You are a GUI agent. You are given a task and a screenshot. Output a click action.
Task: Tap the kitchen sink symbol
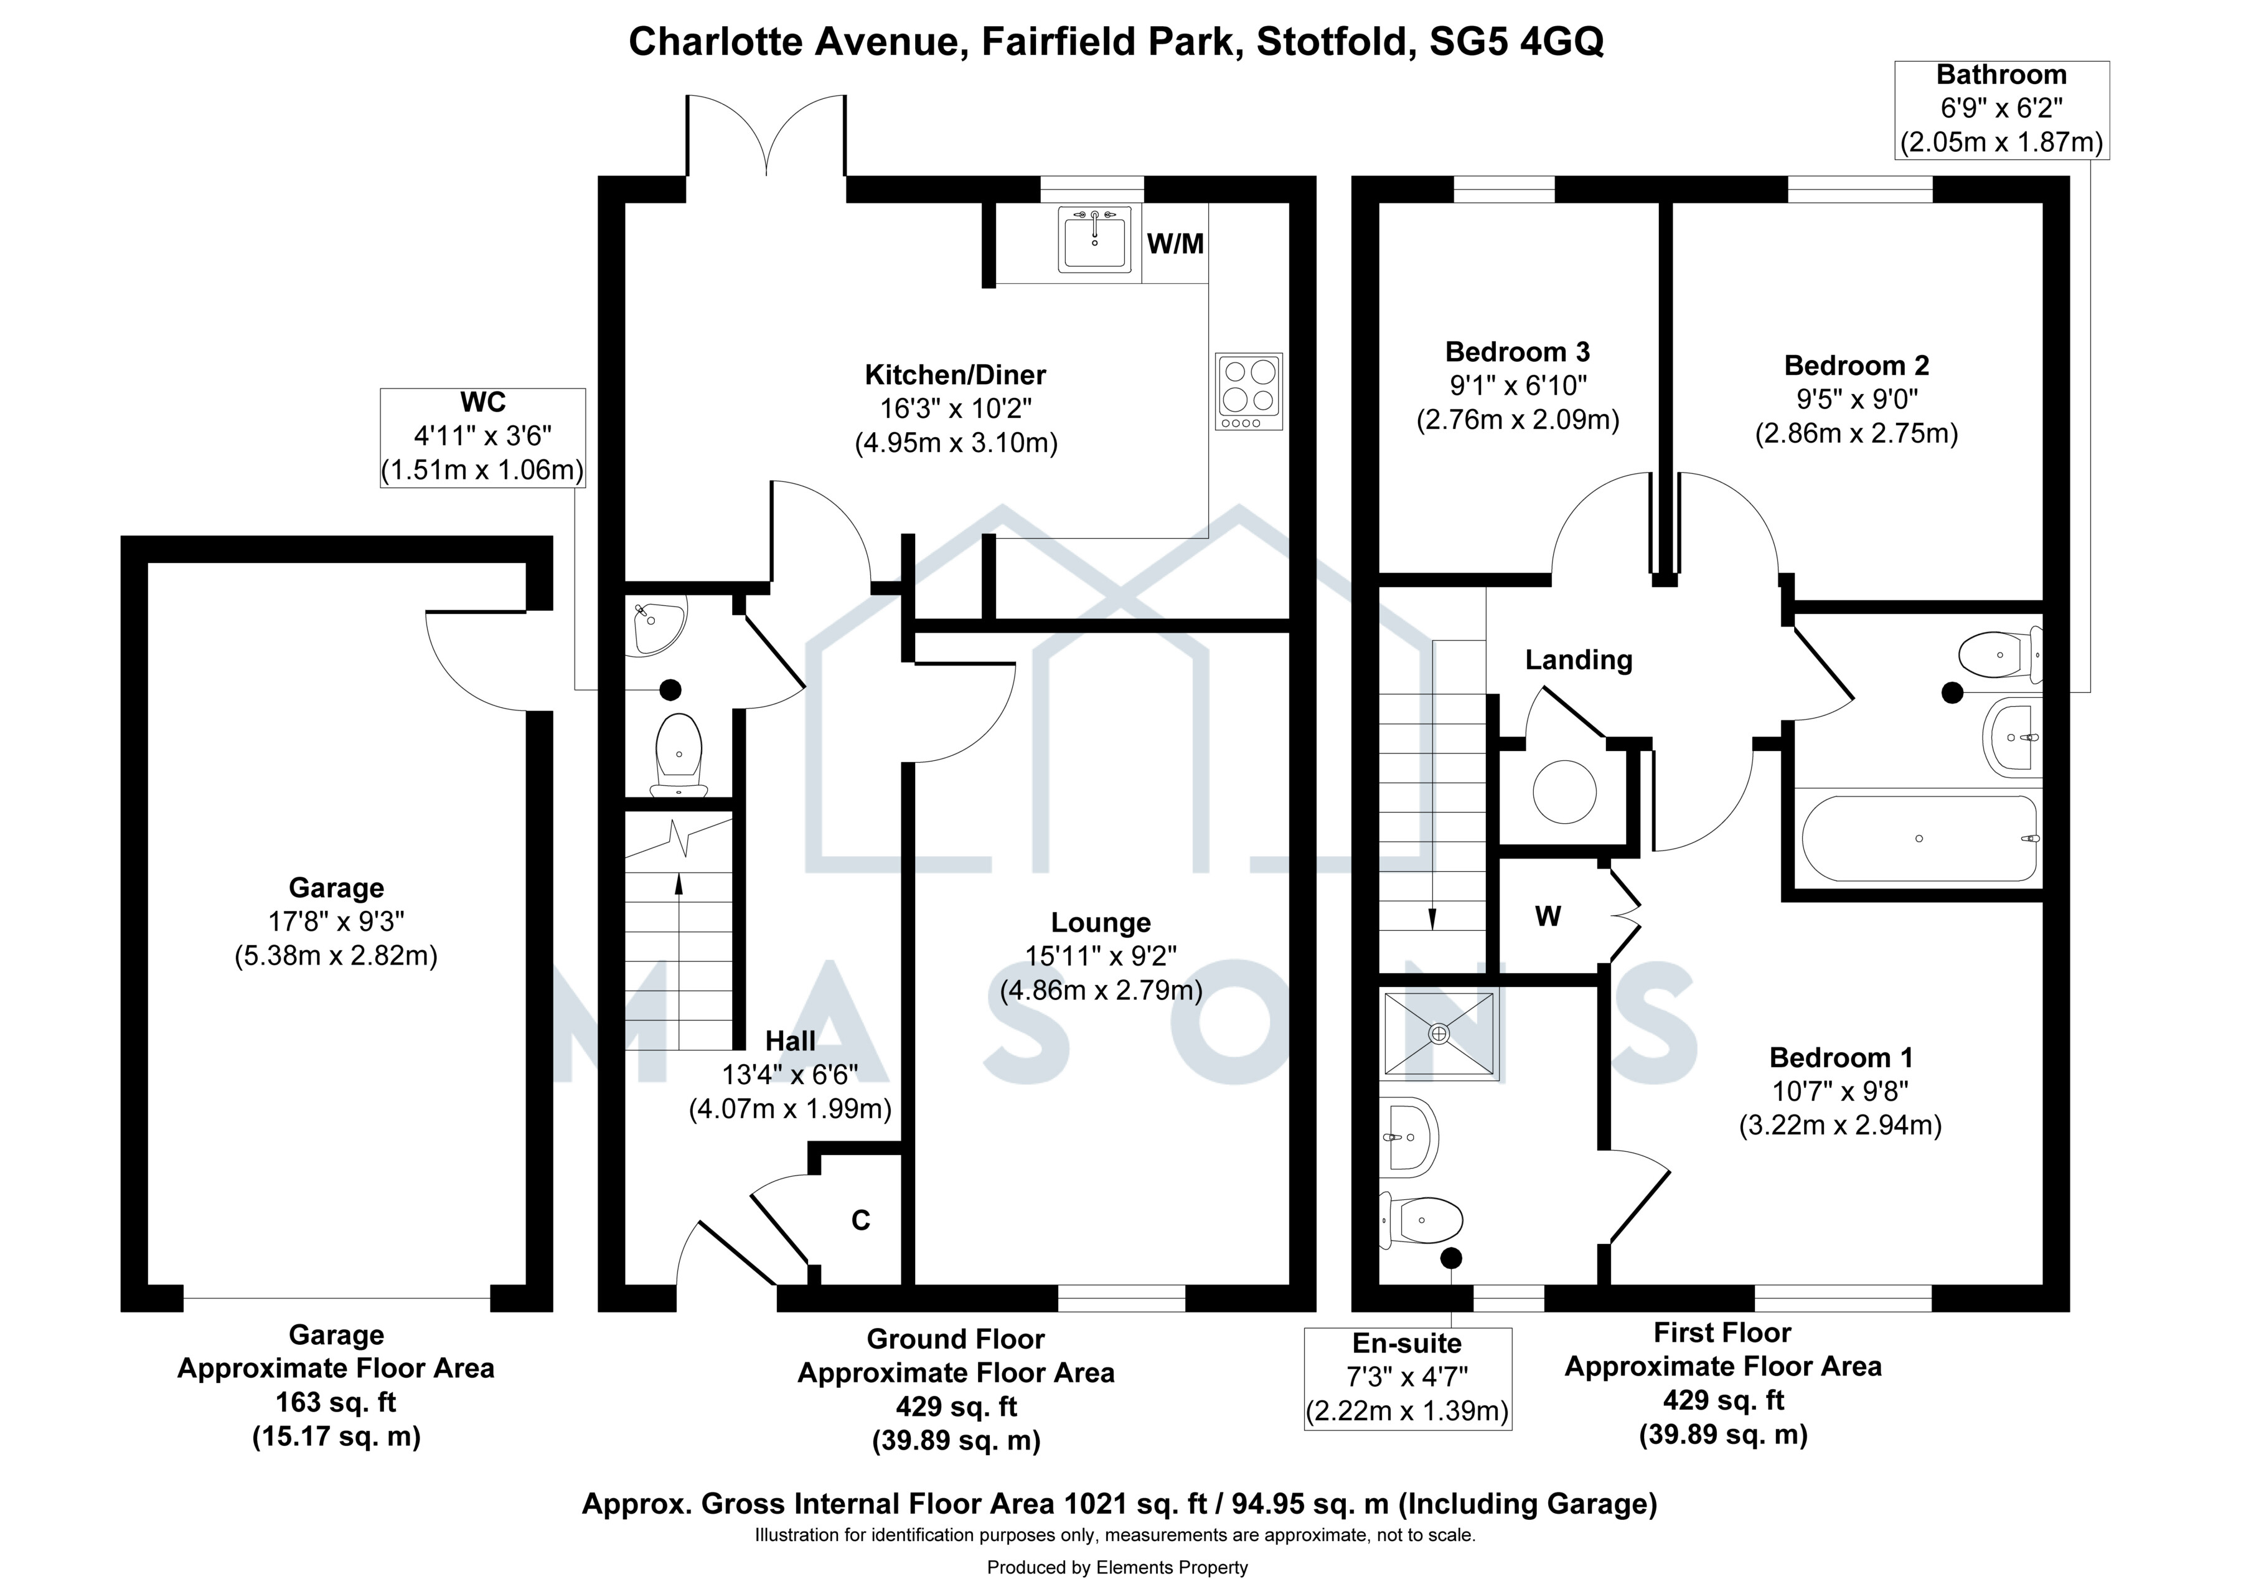[1094, 238]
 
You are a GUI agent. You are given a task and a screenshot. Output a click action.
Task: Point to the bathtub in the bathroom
[1920, 838]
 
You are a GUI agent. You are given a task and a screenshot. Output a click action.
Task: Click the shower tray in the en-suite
[1439, 1035]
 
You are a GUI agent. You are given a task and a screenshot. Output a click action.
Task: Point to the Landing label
[1578, 661]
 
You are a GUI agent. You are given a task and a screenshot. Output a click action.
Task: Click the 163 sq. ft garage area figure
[336, 1402]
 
